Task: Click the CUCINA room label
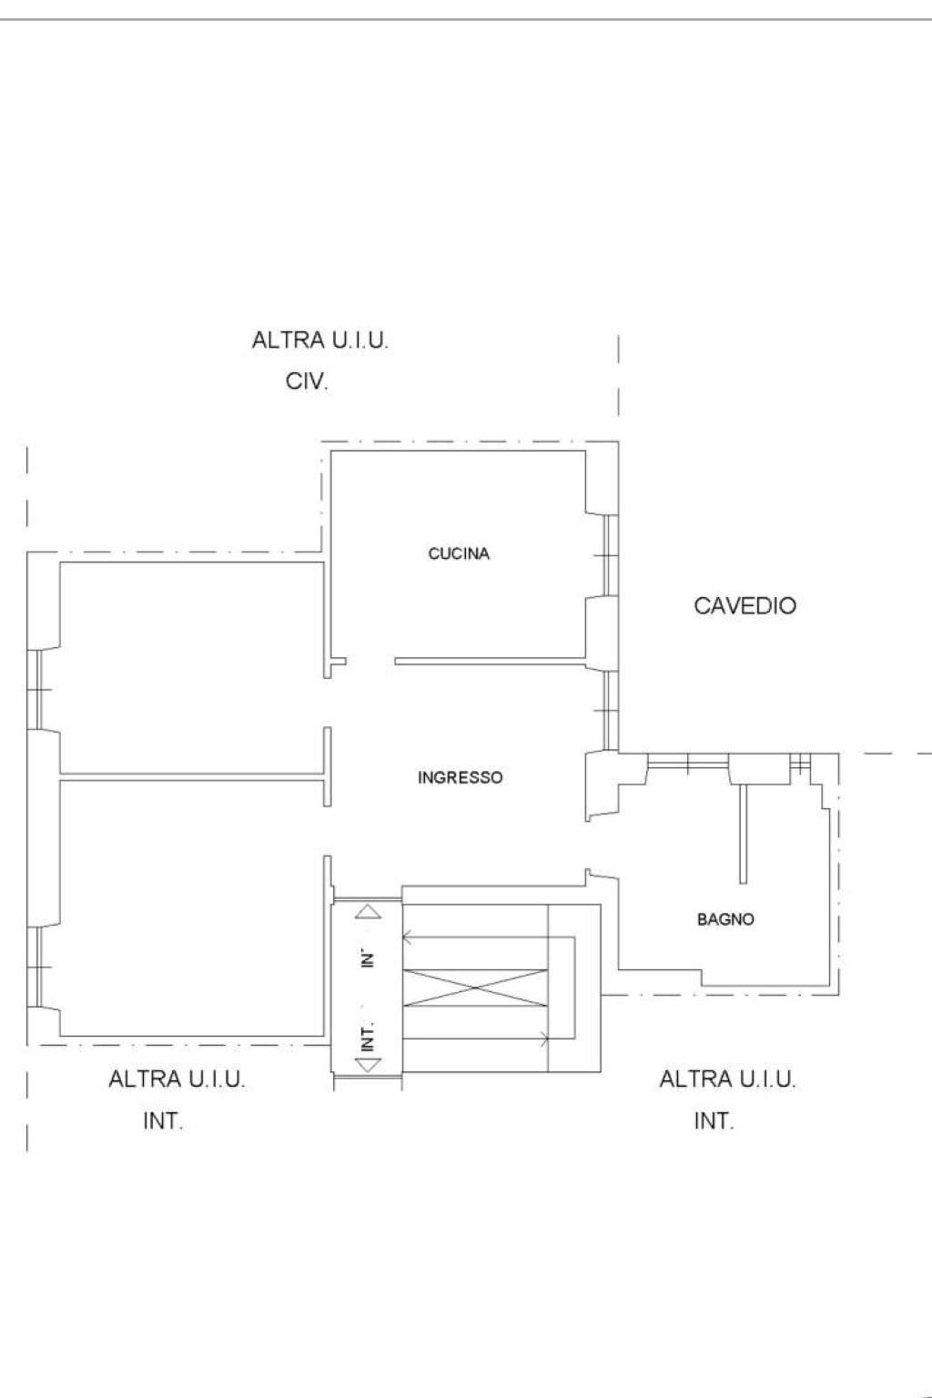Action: [x=458, y=553]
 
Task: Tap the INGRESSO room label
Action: [x=460, y=777]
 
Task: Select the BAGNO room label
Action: [x=725, y=919]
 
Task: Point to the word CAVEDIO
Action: [x=745, y=606]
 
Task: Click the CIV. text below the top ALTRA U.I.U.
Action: [x=307, y=381]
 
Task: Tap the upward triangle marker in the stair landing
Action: [x=368, y=913]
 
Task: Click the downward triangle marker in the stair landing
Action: [x=368, y=1065]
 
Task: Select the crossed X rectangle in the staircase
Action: [x=476, y=988]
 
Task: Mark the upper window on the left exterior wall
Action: [x=35, y=689]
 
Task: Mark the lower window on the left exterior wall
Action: [x=35, y=967]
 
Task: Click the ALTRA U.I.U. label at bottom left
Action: [x=177, y=1079]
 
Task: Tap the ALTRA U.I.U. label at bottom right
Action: [x=727, y=1079]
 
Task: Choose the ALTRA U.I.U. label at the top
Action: [x=319, y=340]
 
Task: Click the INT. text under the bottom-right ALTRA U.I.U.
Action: [x=714, y=1121]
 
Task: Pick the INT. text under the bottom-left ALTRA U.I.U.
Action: [x=163, y=1121]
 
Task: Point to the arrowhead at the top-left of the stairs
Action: [x=408, y=937]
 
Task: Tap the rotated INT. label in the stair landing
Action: [x=369, y=1037]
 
